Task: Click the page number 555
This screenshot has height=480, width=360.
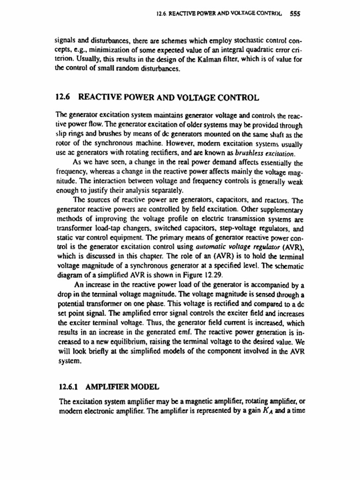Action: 295,14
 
